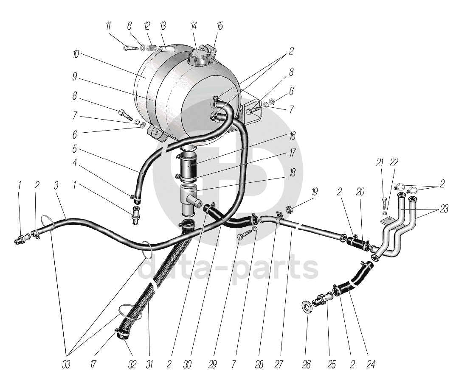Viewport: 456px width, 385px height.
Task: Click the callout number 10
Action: (76, 55)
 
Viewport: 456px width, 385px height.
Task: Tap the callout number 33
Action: (66, 364)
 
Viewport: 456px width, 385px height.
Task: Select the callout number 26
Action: (307, 364)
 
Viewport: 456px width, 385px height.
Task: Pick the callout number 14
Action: (194, 26)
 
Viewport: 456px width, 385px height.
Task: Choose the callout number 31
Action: (149, 364)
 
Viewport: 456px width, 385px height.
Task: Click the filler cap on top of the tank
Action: (198, 56)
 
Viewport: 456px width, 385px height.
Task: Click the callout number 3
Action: (56, 185)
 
